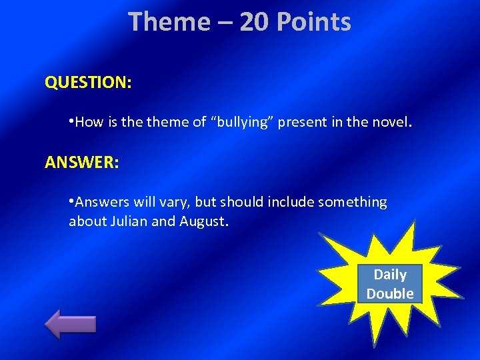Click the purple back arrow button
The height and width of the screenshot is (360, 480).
[x=70, y=323]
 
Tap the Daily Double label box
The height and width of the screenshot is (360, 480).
[x=390, y=284]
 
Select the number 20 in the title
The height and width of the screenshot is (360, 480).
[x=254, y=22]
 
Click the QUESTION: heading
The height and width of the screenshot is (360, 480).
[x=88, y=83]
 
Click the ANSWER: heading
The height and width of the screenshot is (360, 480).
[x=82, y=162]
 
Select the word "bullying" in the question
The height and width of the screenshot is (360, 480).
[x=243, y=122]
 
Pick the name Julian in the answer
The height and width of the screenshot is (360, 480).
[x=127, y=221]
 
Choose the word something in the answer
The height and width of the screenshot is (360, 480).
[x=352, y=202]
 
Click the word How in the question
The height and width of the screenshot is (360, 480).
[x=87, y=122]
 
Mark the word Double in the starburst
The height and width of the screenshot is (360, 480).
[x=390, y=293]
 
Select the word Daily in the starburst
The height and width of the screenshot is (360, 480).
[x=390, y=275]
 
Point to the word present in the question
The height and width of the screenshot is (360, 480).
[x=299, y=122]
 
